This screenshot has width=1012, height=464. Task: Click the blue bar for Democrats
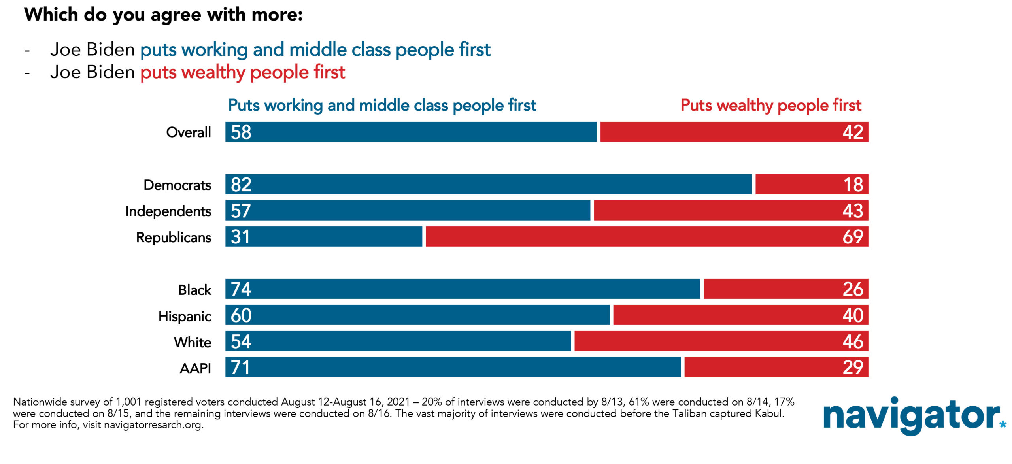tap(489, 184)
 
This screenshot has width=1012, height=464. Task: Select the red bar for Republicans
tap(647, 236)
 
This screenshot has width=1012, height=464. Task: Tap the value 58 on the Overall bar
tap(241, 132)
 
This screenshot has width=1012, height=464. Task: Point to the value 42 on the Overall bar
tap(853, 132)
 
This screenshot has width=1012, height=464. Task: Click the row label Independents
tap(168, 211)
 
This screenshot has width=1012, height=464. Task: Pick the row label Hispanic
tap(185, 316)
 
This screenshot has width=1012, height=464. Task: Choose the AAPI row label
tap(195, 368)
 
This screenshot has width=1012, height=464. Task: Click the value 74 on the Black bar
tap(241, 289)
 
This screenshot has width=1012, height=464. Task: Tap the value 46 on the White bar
tap(853, 341)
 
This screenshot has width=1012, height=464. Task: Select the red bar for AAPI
tap(776, 367)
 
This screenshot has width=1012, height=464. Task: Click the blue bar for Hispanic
tap(417, 315)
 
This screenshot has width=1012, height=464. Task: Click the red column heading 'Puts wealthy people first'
tap(771, 105)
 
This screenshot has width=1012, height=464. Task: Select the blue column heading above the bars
tap(382, 105)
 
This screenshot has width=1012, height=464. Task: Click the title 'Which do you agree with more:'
tap(163, 15)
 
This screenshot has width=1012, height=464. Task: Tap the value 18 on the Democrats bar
tap(853, 184)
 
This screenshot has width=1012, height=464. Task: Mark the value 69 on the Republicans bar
tap(853, 236)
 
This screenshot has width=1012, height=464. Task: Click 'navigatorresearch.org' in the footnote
tap(153, 425)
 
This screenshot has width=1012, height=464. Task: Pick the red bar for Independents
tap(731, 210)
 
